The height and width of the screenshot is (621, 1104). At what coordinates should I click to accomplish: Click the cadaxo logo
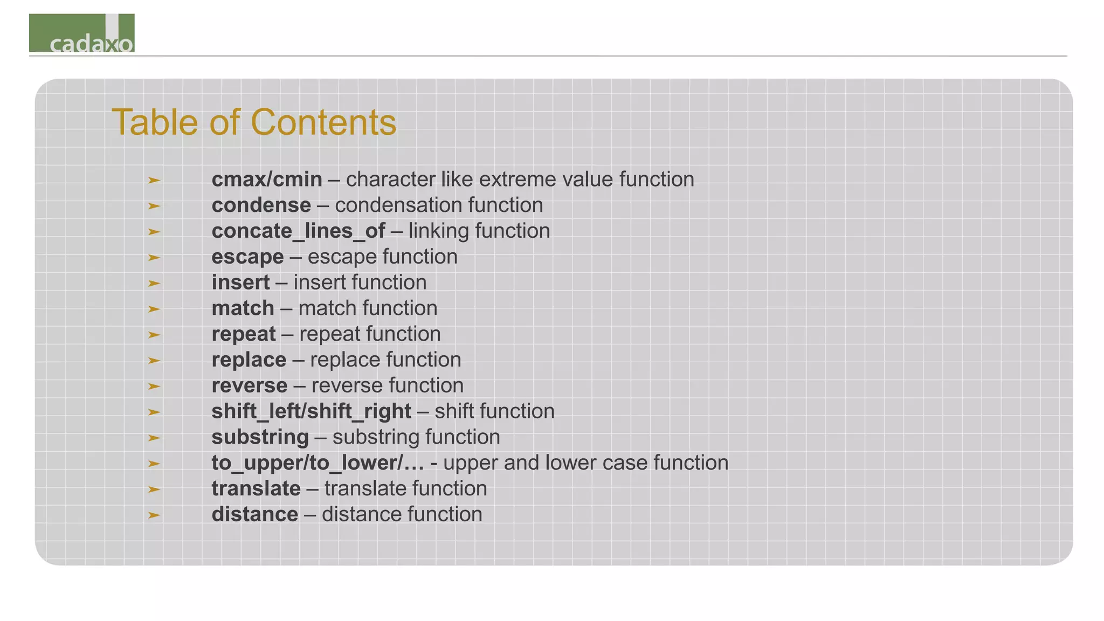82,33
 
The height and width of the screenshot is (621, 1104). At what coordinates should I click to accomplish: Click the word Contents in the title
323,122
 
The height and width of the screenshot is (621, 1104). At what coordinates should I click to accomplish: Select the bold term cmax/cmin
267,180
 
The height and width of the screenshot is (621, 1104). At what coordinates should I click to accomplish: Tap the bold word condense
261,205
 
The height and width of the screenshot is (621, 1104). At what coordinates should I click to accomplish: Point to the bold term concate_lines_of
298,231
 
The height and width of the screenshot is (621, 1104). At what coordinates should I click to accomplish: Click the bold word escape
247,257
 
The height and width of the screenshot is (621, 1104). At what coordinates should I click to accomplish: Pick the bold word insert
240,282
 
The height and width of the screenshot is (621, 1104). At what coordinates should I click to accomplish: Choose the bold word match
243,308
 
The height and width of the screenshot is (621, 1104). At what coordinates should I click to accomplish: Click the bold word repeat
244,334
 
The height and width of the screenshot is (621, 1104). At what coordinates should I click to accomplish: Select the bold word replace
249,360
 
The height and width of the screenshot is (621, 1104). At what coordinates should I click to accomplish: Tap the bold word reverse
249,386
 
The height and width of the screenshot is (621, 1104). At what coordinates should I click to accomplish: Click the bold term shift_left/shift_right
311,412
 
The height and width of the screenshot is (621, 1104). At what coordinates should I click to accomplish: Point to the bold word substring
260,437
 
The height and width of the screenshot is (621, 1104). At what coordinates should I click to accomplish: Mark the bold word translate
256,489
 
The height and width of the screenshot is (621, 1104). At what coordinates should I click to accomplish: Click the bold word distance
254,515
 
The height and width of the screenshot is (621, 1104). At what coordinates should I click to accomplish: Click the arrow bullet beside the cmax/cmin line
154,180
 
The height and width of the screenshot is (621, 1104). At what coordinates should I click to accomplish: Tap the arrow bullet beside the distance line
154,515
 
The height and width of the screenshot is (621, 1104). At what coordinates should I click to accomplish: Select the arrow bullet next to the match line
154,309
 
